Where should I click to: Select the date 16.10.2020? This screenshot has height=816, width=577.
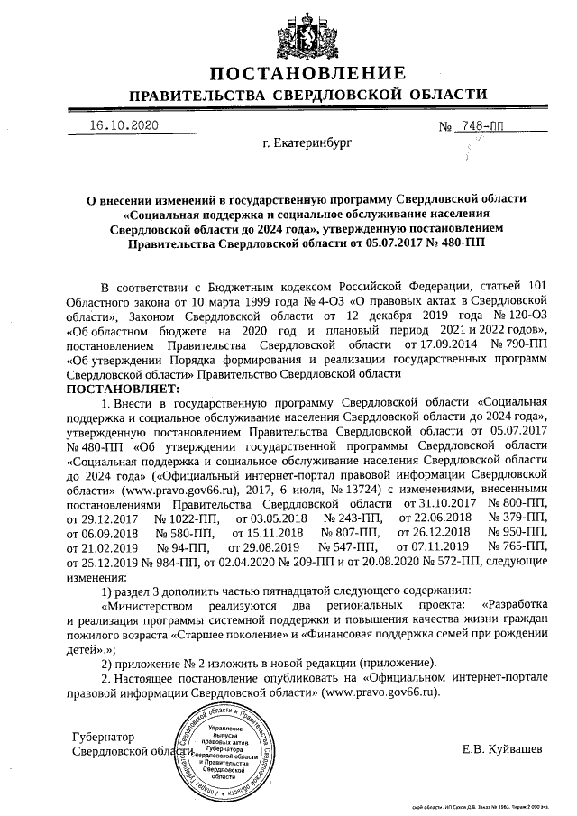124,124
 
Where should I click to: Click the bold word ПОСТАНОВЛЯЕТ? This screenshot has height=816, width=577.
124,387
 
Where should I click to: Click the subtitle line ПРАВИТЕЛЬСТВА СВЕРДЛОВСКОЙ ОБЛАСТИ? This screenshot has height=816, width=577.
308,96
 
